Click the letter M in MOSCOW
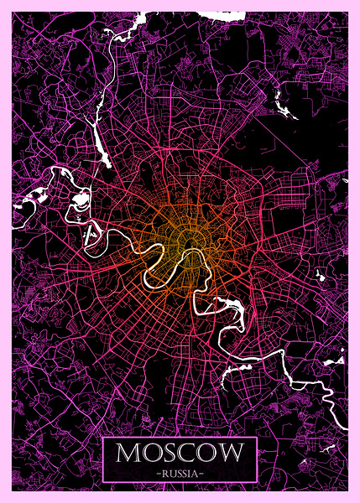[129, 454]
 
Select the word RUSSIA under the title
[180, 473]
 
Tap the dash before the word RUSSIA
[157, 473]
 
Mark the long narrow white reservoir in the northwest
[99, 141]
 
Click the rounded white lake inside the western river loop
[81, 201]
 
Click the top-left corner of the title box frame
[103, 438]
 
